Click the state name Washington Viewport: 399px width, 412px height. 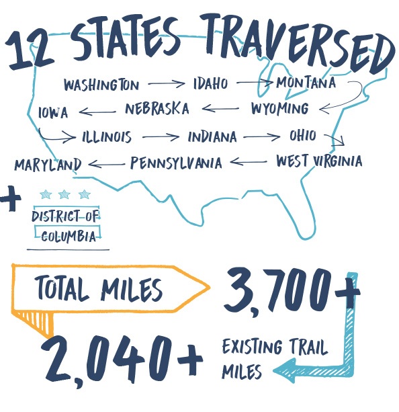coord(101,85)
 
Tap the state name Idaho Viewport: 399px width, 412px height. coord(210,84)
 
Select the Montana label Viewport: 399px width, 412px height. coord(306,83)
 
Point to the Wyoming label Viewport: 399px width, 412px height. coord(279,108)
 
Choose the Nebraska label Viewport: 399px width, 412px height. coord(157,109)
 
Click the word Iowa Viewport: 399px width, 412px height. coord(53,112)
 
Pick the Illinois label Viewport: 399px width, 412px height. coord(107,137)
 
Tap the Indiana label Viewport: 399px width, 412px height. coord(212,137)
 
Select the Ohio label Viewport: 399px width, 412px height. coord(302,136)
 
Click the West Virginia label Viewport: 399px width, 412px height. coord(318,161)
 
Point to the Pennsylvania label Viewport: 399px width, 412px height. coord(176,163)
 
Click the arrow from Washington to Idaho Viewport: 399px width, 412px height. coord(166,85)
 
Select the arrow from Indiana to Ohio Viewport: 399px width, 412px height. coord(262,137)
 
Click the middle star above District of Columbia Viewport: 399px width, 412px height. coord(64,195)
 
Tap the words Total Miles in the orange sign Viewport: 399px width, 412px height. coord(99,290)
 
